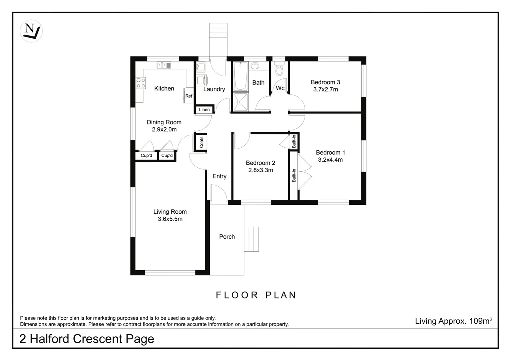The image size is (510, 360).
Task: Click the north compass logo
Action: tap(31, 31)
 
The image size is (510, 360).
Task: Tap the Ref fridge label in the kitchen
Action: tap(189, 96)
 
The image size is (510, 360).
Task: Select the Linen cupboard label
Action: tap(204, 110)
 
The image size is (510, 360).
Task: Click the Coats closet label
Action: tap(201, 142)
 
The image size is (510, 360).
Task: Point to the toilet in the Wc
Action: tap(280, 68)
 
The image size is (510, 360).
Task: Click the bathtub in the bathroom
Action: tap(240, 76)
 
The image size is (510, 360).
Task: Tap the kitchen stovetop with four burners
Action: tap(141, 83)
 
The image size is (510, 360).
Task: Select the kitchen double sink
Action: tap(164, 66)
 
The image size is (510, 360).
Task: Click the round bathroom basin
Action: tap(255, 66)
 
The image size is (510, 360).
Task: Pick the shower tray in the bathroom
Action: tap(240, 102)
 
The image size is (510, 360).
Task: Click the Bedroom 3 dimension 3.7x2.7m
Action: tap(326, 89)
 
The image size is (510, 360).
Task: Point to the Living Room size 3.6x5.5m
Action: tap(170, 219)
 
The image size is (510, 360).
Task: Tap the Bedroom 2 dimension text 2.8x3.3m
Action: tap(261, 170)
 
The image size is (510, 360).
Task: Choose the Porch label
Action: tap(227, 237)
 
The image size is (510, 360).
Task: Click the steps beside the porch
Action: tap(251, 239)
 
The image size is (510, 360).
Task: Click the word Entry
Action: tap(219, 176)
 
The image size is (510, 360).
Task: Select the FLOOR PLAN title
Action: tap(256, 295)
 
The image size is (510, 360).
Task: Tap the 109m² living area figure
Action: tap(481, 321)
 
